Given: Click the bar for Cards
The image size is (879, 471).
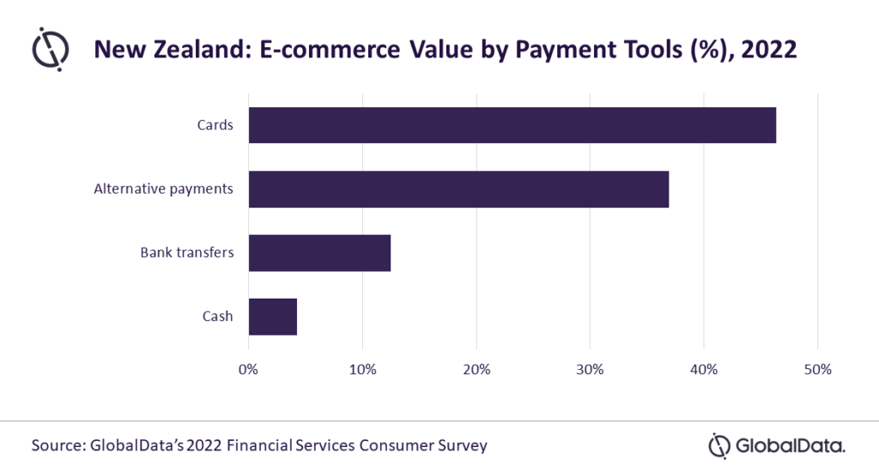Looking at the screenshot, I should tap(512, 125).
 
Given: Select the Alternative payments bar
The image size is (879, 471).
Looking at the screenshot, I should tap(458, 189).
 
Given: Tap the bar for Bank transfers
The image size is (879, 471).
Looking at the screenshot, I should tap(319, 253).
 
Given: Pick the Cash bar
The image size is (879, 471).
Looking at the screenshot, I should tap(272, 317).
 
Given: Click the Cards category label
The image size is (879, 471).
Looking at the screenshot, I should tap(215, 125).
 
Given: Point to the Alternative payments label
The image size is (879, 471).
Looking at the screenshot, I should tap(163, 189).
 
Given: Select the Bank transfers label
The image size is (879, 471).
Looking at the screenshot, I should tap(186, 253).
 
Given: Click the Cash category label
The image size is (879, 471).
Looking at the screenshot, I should tap(217, 317).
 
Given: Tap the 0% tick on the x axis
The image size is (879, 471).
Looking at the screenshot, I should tap(248, 370).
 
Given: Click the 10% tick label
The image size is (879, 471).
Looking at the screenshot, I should tap(362, 370).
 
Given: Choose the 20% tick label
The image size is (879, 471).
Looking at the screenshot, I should tap(476, 370).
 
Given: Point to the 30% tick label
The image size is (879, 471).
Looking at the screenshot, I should tap(590, 370).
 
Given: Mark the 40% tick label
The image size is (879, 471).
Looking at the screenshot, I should tap(704, 370).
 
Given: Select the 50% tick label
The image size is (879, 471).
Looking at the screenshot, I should tap(817, 370).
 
